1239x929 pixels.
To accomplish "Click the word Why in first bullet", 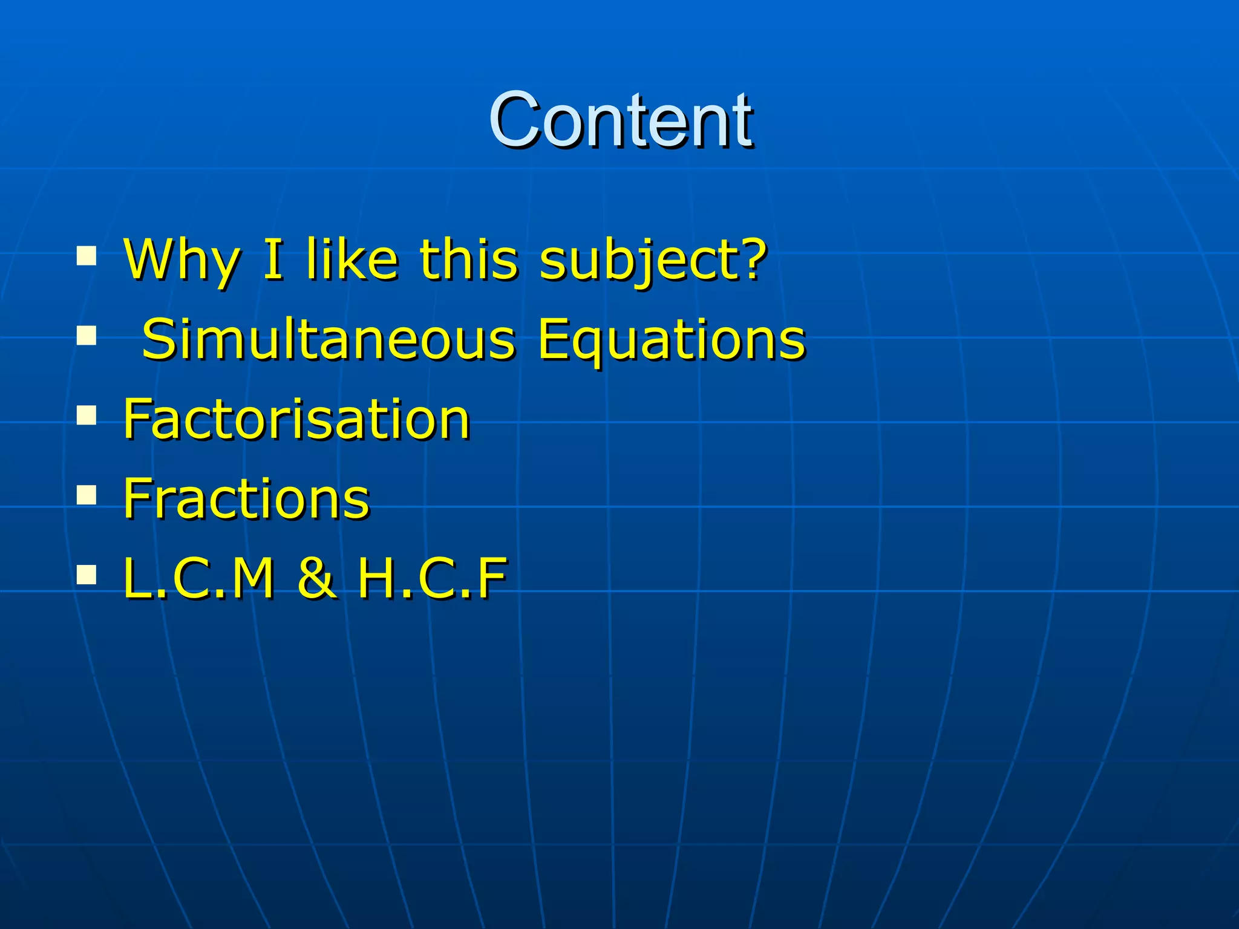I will [181, 260].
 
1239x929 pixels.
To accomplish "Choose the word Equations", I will [672, 340].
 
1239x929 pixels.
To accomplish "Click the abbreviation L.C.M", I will [199, 579].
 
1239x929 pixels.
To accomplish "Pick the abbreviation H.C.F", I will [432, 579].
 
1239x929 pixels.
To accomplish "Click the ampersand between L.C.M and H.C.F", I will [316, 579].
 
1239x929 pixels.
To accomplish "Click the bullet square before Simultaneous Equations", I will [87, 335].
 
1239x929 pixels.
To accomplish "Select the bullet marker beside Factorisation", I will [87, 416].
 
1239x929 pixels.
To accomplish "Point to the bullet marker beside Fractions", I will [87, 495].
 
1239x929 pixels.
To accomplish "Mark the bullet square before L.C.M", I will [87, 575].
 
